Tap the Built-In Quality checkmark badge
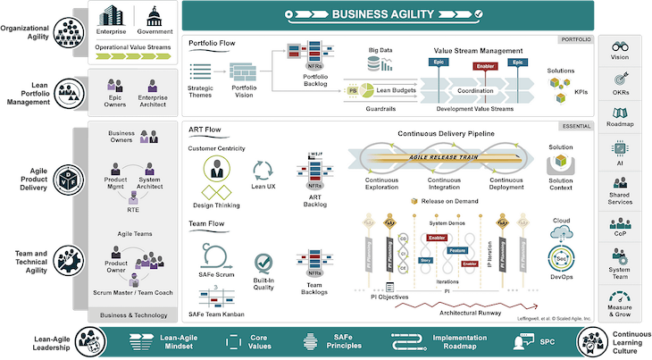tap(263, 262)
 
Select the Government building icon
tap(153, 17)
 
